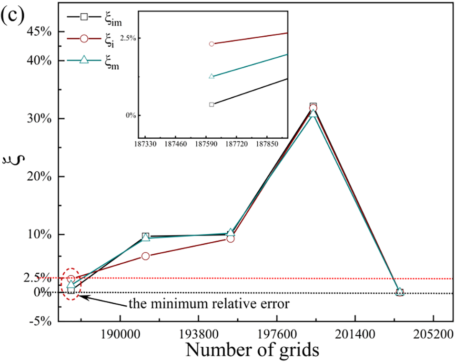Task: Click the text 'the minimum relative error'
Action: pyautogui.click(x=208, y=304)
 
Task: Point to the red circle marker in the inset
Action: pyautogui.click(x=212, y=44)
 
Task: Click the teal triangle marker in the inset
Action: pyautogui.click(x=212, y=76)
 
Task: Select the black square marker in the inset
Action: pyautogui.click(x=212, y=104)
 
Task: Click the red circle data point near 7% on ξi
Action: pyautogui.click(x=145, y=256)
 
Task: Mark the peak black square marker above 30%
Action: pyautogui.click(x=313, y=106)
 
